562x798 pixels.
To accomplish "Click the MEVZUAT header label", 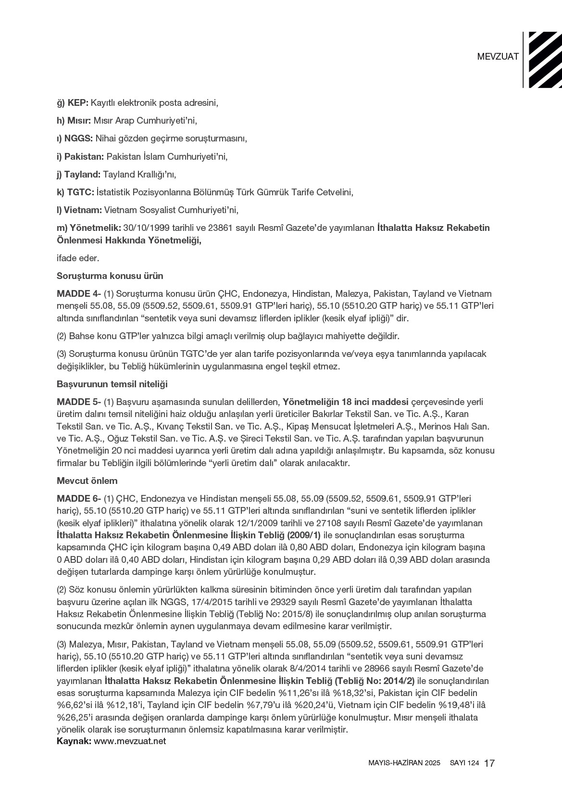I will tap(498, 56).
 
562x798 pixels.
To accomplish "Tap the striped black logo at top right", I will tap(545, 60).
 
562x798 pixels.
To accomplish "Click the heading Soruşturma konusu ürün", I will tap(110, 276).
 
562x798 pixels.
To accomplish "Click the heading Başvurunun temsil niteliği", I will tap(112, 384).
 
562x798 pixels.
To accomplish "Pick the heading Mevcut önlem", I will tap(87, 481).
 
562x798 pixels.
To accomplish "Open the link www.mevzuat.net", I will tap(130, 741).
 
